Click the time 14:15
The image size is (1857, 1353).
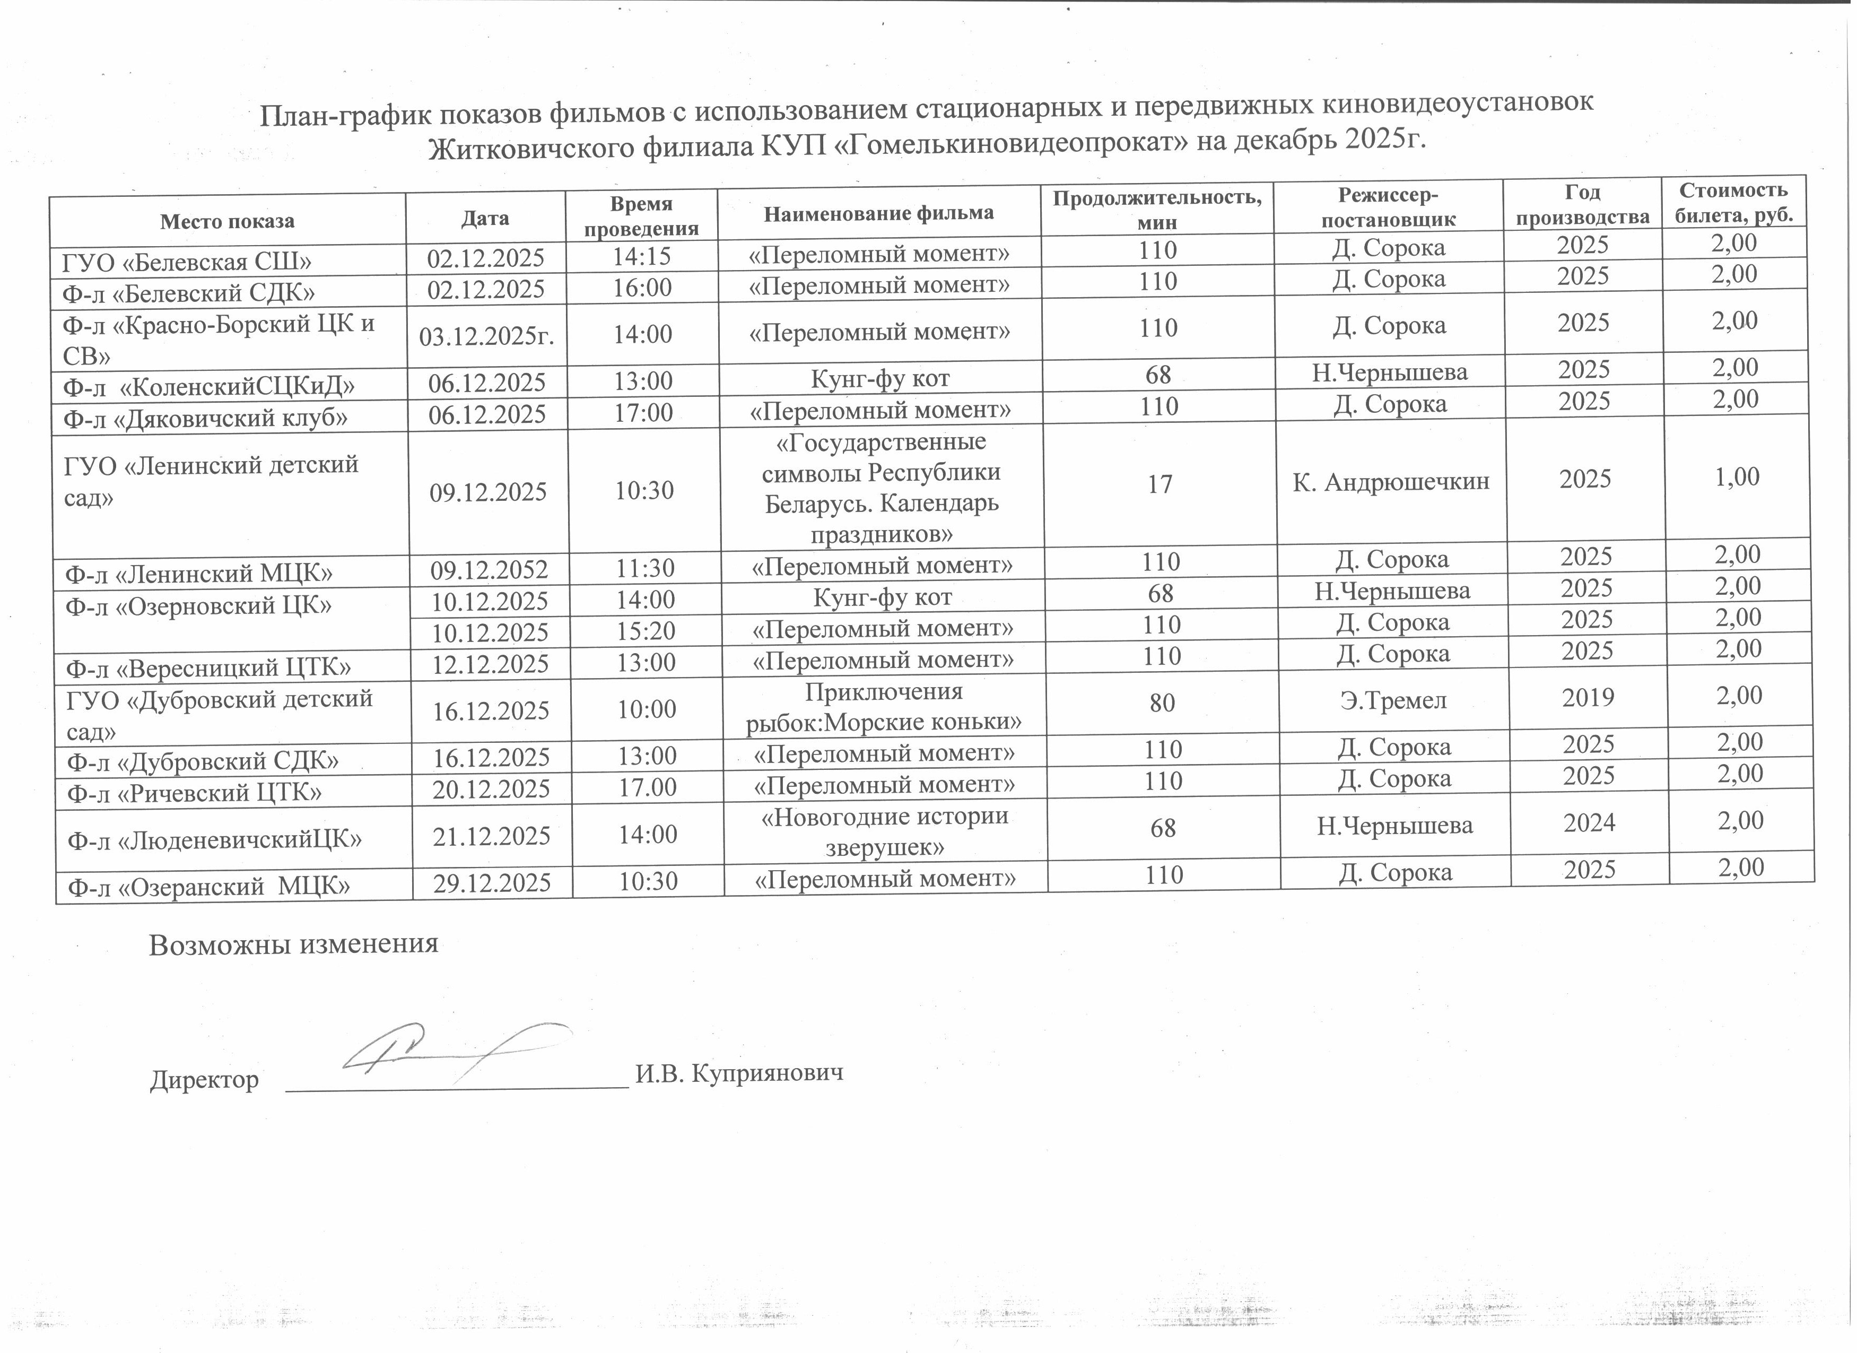(642, 256)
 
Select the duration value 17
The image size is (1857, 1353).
(1159, 484)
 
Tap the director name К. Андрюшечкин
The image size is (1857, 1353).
(1390, 482)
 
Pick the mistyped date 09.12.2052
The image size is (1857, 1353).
(489, 568)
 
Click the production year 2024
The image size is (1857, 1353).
(1589, 822)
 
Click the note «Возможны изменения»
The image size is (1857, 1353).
(293, 944)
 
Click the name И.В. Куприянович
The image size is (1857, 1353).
(738, 1074)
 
